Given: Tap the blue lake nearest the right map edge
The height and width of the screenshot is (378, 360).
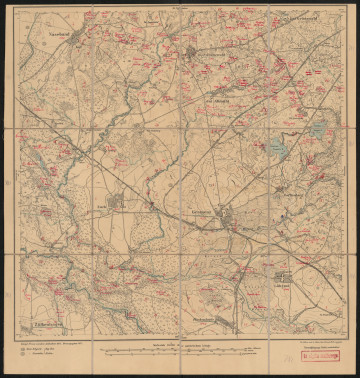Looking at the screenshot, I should pos(318,130).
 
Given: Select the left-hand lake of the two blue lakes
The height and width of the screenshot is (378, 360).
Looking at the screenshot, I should pos(277,150).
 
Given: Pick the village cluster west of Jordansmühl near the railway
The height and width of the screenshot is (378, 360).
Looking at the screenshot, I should pos(116,201).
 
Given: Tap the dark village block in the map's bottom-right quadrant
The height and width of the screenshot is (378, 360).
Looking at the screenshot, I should pos(284,277).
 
